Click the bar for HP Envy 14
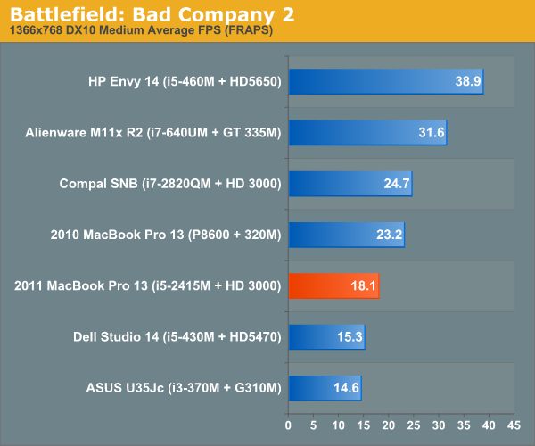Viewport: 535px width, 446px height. click(385, 82)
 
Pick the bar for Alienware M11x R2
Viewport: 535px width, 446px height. click(366, 133)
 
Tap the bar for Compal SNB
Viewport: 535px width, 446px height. click(350, 184)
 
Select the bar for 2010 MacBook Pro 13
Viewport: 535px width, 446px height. click(346, 235)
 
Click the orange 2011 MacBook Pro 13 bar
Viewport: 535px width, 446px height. click(333, 285)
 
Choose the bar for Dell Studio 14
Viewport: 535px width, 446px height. click(326, 336)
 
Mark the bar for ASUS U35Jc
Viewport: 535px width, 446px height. click(325, 387)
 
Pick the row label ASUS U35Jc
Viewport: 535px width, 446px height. click(184, 387)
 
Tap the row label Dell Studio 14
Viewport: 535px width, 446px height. click(177, 336)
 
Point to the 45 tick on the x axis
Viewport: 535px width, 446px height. click(514, 425)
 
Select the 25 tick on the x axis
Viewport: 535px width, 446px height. click(413, 425)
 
